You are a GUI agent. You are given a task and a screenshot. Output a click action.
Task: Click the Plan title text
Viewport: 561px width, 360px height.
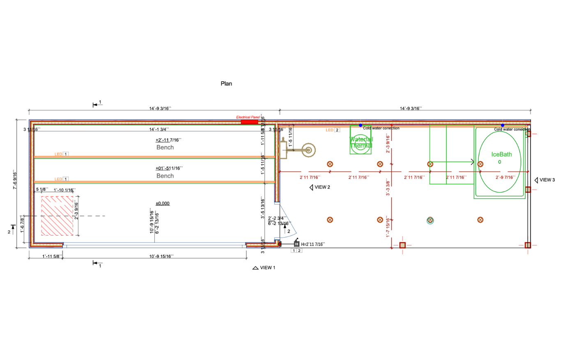(226, 84)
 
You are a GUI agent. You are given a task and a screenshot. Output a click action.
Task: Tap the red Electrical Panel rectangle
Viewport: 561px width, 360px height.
(249, 122)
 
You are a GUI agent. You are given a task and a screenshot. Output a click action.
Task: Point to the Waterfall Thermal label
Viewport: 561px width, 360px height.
(361, 142)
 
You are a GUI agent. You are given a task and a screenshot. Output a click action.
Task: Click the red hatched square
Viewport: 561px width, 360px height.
(57, 216)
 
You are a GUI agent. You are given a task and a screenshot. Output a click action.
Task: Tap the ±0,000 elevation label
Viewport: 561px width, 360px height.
(163, 204)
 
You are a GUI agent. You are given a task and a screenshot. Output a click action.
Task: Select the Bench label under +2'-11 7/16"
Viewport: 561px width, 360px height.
(165, 147)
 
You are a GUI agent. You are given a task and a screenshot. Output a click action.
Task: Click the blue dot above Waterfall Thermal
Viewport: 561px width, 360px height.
(361, 125)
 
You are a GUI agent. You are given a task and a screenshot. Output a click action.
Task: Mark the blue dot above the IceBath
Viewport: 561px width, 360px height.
(502, 125)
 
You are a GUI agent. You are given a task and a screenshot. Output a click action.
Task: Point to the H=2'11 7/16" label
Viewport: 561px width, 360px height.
(313, 244)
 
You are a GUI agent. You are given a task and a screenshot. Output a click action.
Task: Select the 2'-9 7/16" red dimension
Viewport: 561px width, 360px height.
(505, 177)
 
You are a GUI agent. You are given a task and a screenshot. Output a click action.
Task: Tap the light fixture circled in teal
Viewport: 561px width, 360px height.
(430, 220)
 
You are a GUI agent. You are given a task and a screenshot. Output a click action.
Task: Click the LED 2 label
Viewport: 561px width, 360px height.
(333, 130)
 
